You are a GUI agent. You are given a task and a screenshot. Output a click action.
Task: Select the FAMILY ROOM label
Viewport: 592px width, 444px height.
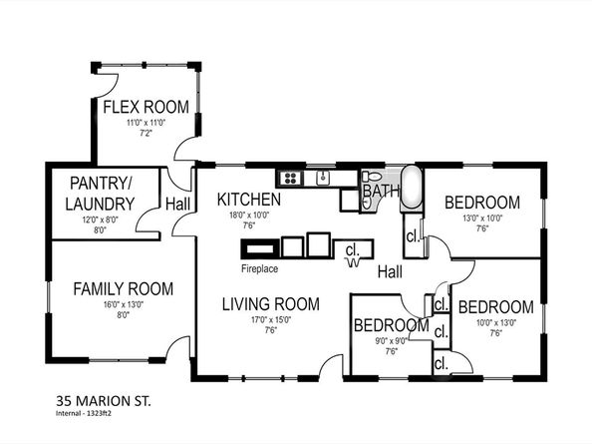(x=123, y=289)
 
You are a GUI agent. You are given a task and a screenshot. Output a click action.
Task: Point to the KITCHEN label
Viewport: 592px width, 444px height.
(x=249, y=200)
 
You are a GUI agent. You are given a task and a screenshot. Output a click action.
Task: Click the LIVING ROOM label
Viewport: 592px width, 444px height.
(x=270, y=304)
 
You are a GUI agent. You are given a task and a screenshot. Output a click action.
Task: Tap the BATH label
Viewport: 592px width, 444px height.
(x=380, y=190)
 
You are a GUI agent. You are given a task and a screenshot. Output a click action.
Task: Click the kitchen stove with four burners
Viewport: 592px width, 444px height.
(x=291, y=179)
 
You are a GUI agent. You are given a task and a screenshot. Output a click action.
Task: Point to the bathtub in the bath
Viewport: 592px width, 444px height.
(x=411, y=190)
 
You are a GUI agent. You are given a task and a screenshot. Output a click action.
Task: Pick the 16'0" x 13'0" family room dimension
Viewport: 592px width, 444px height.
(x=123, y=305)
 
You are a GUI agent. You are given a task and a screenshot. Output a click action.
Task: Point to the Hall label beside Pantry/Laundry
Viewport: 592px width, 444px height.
(x=178, y=204)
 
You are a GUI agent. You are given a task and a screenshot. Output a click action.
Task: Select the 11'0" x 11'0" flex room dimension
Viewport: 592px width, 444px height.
(x=145, y=123)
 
